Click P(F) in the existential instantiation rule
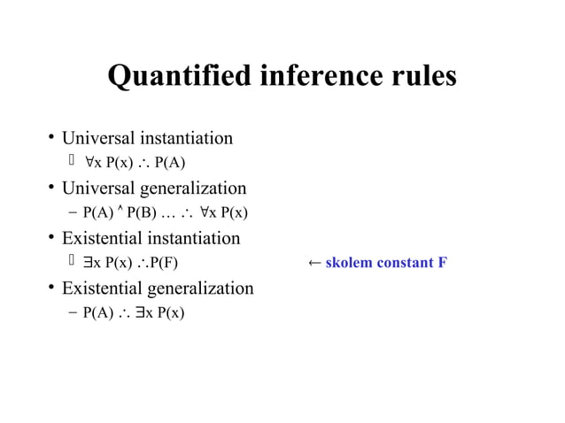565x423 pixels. coord(163,263)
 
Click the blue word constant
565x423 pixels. coord(406,263)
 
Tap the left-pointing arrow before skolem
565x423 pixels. coord(314,263)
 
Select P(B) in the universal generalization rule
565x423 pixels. coord(143,213)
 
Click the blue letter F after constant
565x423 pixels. coord(442,263)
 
